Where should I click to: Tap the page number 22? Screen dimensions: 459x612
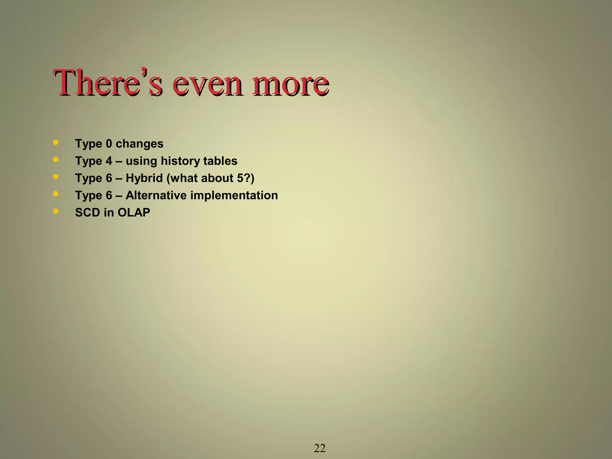coord(319,448)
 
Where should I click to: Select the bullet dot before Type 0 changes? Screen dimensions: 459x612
coord(56,142)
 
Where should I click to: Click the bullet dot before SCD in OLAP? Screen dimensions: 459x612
coord(56,211)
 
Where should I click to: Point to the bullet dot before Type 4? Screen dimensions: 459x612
coord(56,160)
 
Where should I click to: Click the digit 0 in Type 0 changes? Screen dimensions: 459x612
coord(109,144)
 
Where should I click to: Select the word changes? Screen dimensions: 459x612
coord(140,144)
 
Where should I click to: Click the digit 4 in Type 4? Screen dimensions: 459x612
coord(109,161)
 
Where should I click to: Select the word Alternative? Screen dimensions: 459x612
coord(156,195)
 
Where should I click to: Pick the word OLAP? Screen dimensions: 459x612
coord(134,212)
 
